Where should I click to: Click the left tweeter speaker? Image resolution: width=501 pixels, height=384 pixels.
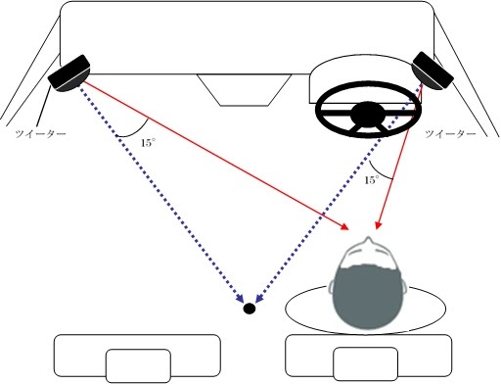tap(69, 73)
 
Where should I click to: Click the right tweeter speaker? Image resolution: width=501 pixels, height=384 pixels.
tap(433, 71)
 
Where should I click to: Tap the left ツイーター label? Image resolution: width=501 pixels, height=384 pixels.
tap(41, 134)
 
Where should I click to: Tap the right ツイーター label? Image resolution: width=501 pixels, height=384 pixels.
tap(450, 134)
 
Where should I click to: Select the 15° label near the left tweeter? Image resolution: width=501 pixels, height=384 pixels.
tap(148, 143)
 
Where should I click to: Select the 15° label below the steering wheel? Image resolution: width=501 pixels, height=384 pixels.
tap(372, 180)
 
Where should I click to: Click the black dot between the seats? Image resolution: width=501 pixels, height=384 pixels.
tap(250, 309)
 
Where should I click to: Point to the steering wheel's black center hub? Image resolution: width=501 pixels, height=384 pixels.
tap(368, 114)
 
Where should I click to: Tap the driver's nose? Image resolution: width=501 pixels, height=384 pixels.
tap(369, 240)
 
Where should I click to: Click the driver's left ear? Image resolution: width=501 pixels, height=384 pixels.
tap(332, 287)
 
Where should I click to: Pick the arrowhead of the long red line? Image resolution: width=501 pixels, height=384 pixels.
tap(344, 226)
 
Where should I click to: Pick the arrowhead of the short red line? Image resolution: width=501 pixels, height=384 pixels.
tap(378, 225)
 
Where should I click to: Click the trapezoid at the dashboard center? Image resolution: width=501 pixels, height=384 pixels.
tap(244, 90)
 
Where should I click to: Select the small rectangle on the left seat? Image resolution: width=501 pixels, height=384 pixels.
tap(139, 365)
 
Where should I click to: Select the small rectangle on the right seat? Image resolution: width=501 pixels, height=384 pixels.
tap(366, 363)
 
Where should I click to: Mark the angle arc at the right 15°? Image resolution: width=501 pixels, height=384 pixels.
tap(379, 173)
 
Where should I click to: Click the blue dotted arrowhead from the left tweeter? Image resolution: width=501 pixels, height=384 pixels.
tap(240, 298)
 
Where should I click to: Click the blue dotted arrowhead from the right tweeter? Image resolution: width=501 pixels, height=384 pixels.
tap(259, 298)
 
